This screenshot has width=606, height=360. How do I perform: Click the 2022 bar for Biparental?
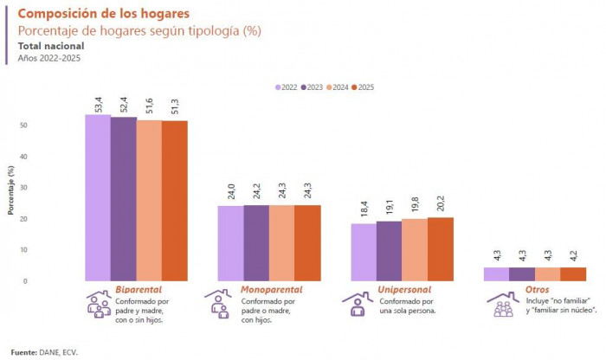tap(97, 197)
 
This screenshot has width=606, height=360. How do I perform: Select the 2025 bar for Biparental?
tap(174, 201)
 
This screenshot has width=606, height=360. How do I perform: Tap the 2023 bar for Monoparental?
tap(256, 243)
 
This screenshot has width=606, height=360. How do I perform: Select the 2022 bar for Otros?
tap(495, 273)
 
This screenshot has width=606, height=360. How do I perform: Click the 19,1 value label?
tap(390, 209)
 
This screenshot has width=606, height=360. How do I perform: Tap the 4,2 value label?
tap(573, 256)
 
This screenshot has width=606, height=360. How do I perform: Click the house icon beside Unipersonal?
tap(357, 303)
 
